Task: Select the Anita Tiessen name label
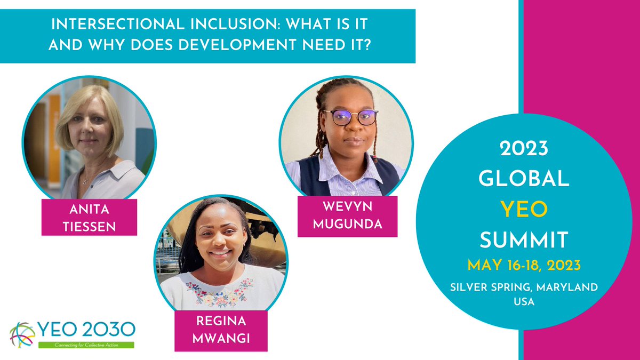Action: tap(89, 217)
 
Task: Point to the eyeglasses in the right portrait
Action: tap(350, 117)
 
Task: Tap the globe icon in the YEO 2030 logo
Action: tap(21, 334)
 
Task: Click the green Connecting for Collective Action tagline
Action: tap(86, 345)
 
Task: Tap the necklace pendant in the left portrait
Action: tap(84, 181)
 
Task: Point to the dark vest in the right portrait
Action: tap(310, 176)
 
